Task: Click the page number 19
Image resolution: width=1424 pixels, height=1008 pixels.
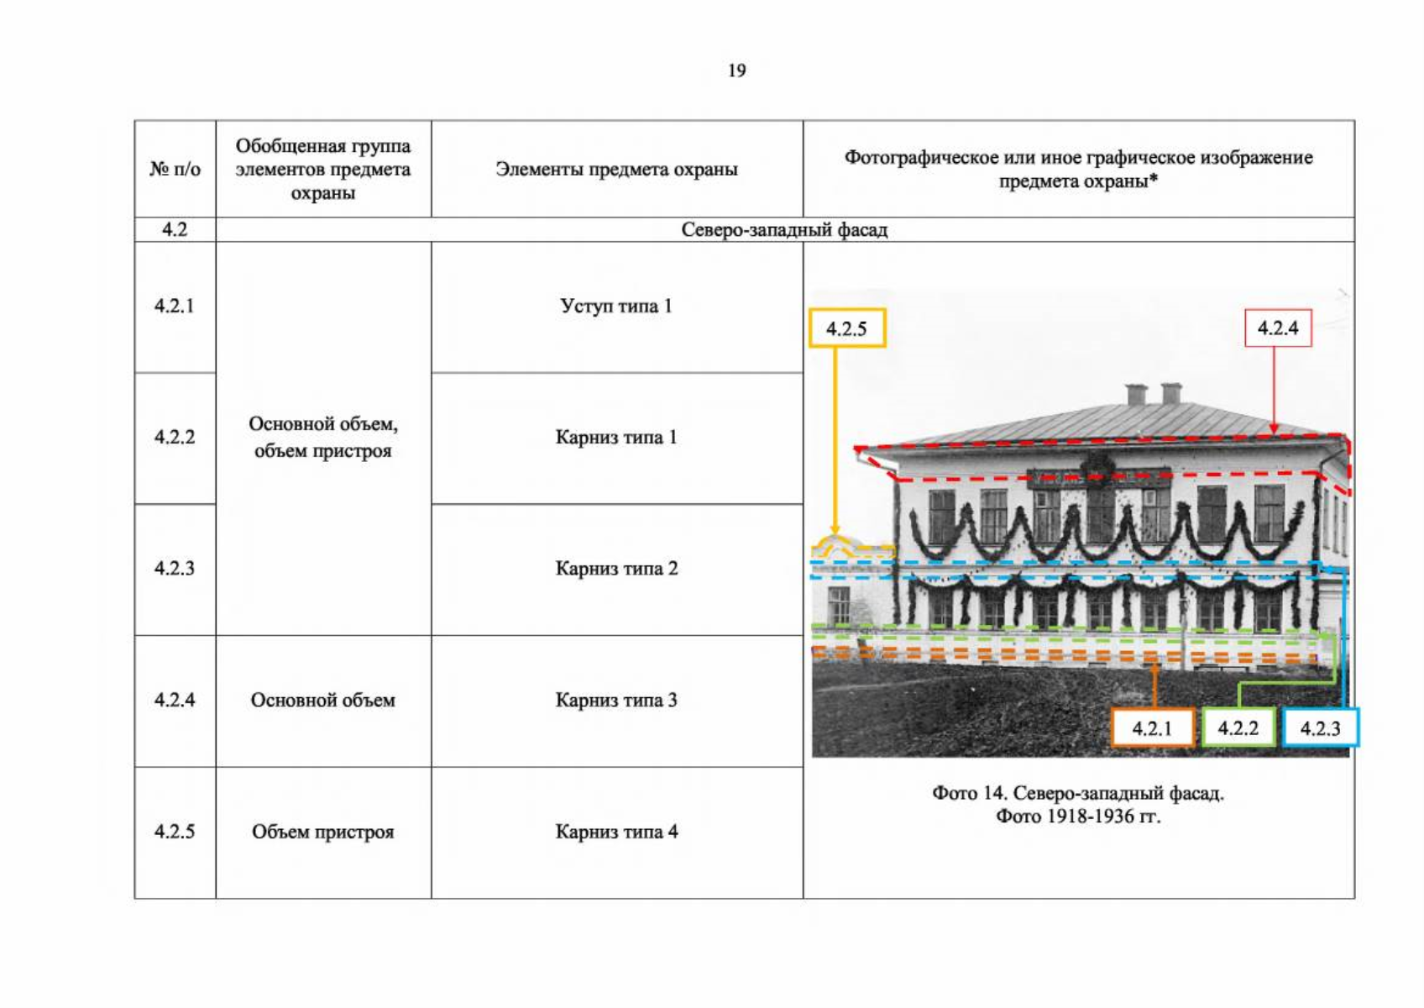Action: (x=737, y=70)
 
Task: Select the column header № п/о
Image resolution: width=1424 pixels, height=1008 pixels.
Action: (x=175, y=169)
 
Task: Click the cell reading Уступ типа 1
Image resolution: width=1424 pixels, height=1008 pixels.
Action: (x=616, y=306)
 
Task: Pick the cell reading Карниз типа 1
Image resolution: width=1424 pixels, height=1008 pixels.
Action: (x=616, y=437)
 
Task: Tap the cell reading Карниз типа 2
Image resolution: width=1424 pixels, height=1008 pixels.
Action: (x=616, y=568)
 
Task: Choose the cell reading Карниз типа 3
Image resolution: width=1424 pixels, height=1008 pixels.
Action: (x=616, y=700)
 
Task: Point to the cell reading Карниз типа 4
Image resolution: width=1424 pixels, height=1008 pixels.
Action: (x=616, y=832)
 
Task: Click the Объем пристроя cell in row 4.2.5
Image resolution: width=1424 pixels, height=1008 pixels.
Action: (x=323, y=832)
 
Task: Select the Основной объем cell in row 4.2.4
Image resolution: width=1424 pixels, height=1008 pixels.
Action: (x=323, y=700)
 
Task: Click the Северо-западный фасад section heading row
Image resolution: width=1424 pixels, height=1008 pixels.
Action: (x=784, y=229)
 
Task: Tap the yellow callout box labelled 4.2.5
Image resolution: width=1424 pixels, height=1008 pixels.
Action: (x=847, y=328)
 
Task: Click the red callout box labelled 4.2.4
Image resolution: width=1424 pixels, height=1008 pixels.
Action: (x=1278, y=328)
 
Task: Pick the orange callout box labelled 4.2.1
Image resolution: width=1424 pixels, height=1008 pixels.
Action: (x=1152, y=727)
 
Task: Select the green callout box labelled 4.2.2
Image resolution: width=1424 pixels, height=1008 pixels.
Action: (x=1238, y=727)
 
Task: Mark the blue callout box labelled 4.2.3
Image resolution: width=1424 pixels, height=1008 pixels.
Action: (x=1321, y=727)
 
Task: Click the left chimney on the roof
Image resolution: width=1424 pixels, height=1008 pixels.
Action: (x=1136, y=394)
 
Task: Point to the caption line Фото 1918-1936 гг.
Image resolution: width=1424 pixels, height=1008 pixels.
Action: (x=1078, y=816)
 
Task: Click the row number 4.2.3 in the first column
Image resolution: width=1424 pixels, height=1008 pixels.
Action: (x=175, y=568)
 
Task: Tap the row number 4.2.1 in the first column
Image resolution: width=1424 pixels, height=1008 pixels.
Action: (x=175, y=306)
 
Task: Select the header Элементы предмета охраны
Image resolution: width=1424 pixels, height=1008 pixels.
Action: (x=616, y=169)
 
